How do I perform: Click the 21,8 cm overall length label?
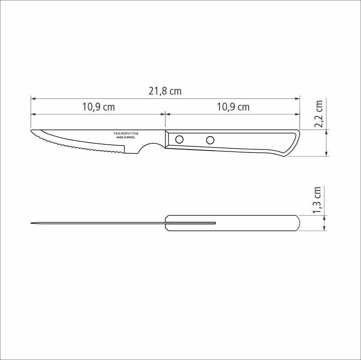coord(165,91)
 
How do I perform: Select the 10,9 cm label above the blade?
coord(99,107)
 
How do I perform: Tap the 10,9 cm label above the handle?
coord(233,107)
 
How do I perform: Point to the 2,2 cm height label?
coord(319,114)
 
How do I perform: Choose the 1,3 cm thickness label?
coord(317,200)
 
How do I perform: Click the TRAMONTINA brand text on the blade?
coord(126,133)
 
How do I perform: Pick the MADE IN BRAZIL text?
coord(126,137)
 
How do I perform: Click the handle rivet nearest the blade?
coord(179,139)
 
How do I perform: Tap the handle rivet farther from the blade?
coord(210,140)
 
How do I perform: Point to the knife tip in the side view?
coord(31,131)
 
